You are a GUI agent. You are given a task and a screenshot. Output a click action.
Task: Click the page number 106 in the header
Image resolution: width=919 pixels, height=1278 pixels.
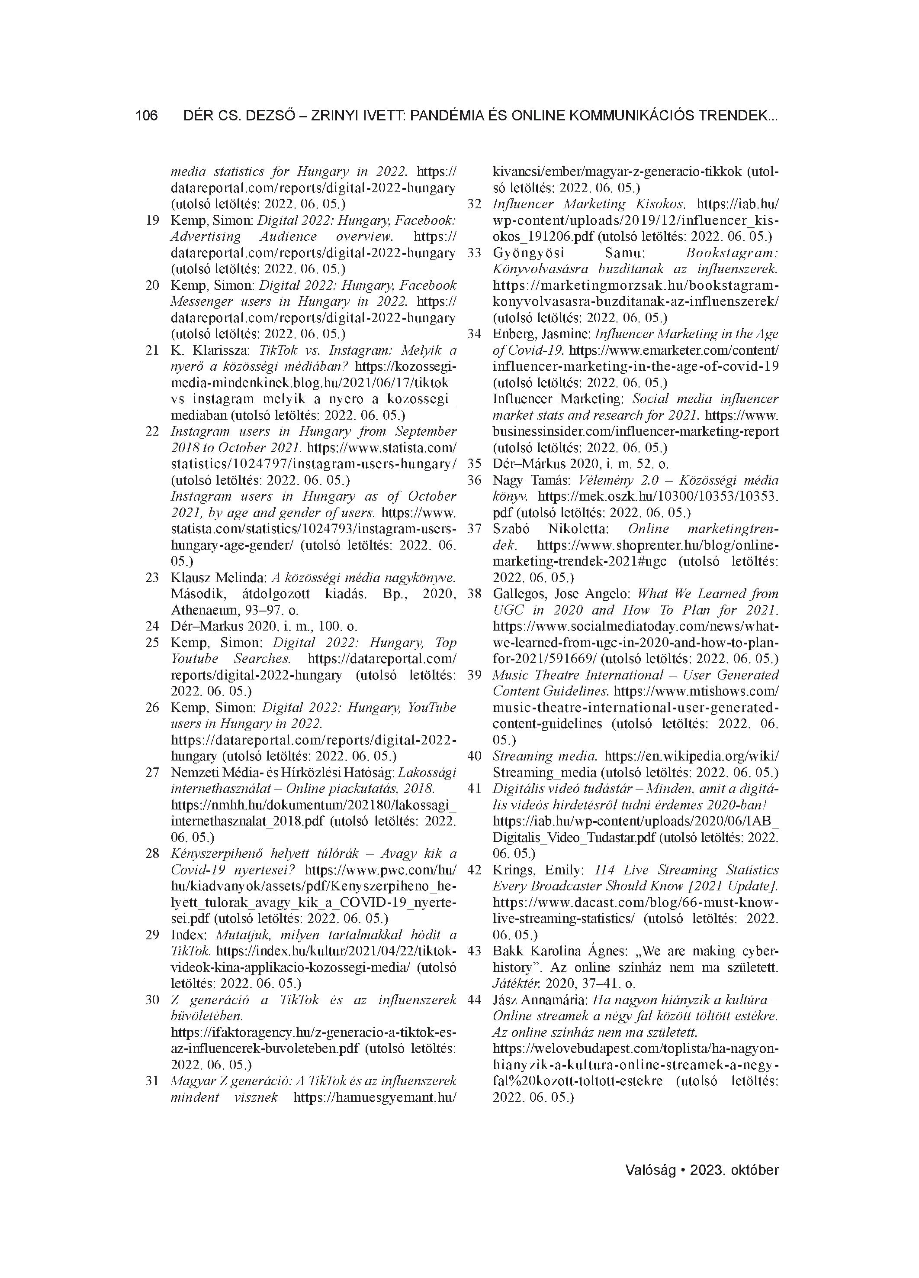[x=146, y=116]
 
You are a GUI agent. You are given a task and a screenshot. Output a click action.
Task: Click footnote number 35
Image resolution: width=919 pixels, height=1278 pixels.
[x=475, y=464]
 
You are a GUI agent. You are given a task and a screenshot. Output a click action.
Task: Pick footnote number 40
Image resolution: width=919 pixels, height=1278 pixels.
[x=475, y=756]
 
